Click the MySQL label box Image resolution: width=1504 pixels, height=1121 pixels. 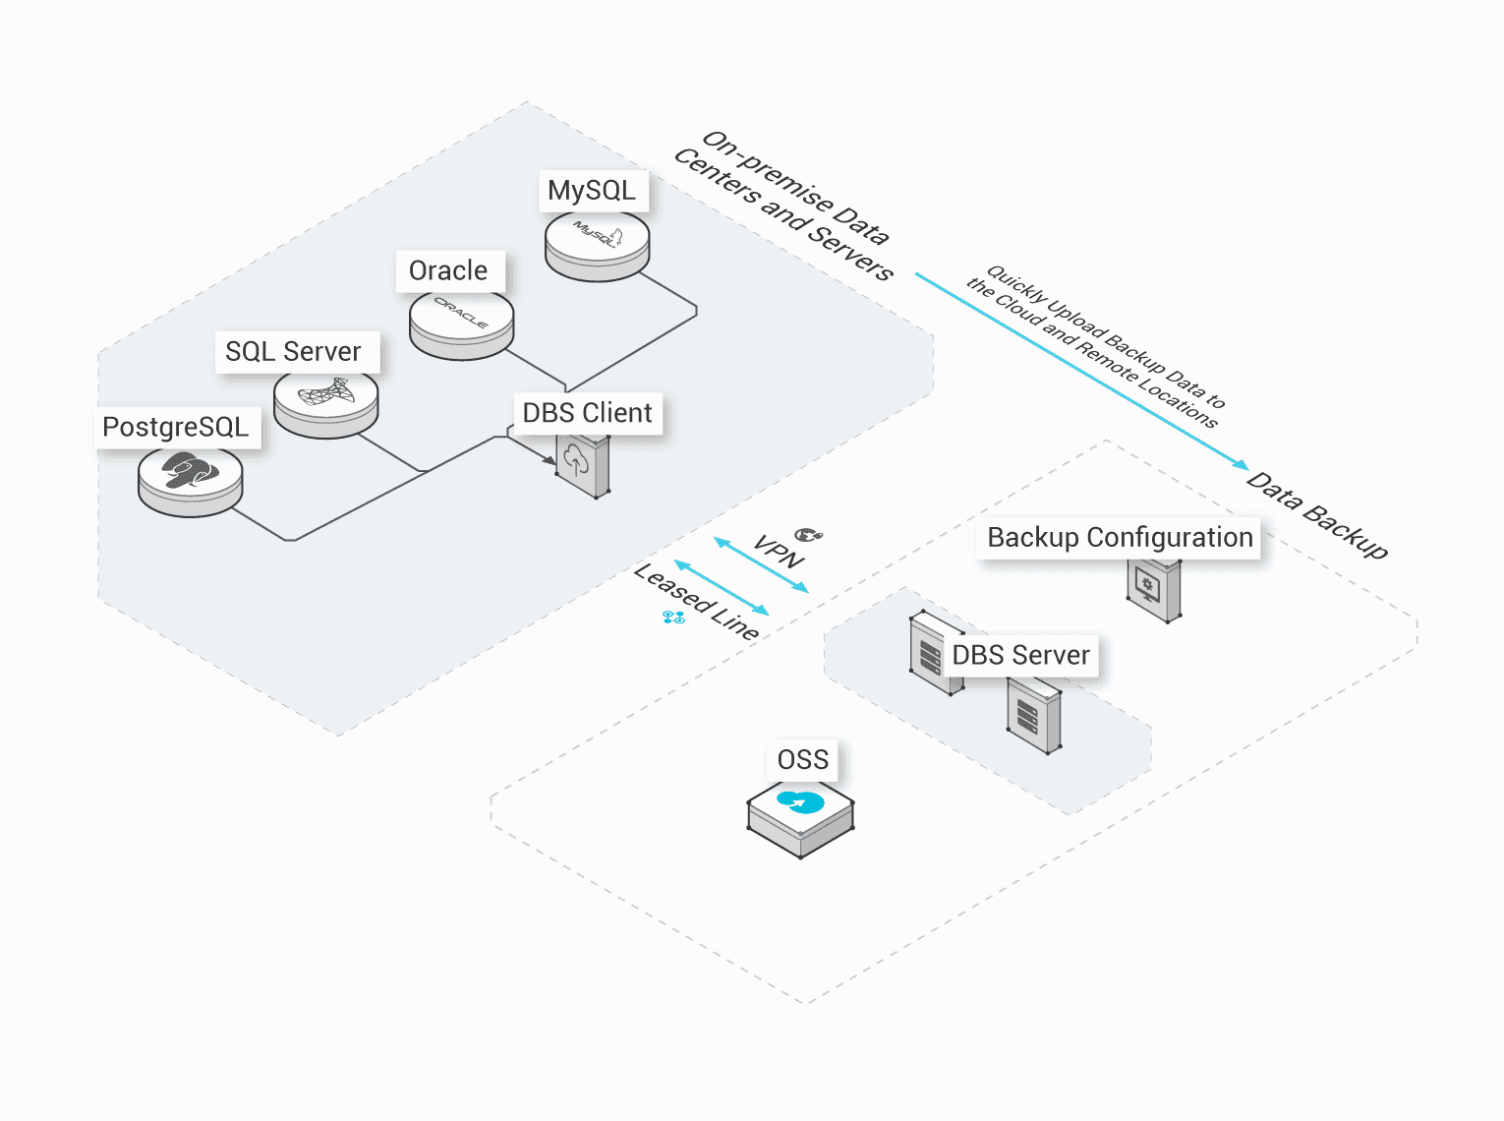tap(593, 191)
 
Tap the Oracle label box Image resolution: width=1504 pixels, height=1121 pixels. tap(449, 270)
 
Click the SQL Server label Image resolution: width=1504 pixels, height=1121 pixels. tap(294, 352)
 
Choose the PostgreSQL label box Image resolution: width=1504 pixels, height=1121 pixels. tap(177, 428)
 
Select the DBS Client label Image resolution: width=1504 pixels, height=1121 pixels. tap(587, 413)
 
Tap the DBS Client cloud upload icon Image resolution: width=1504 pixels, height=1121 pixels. tap(580, 463)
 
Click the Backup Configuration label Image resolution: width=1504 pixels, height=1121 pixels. tap(1119, 538)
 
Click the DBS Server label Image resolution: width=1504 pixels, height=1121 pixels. tap(1020, 656)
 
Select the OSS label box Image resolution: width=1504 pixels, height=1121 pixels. tap(803, 760)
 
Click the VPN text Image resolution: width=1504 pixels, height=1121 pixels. tap(779, 553)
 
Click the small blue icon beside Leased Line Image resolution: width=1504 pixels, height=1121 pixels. tap(673, 618)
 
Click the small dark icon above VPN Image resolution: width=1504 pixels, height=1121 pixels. tap(809, 535)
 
